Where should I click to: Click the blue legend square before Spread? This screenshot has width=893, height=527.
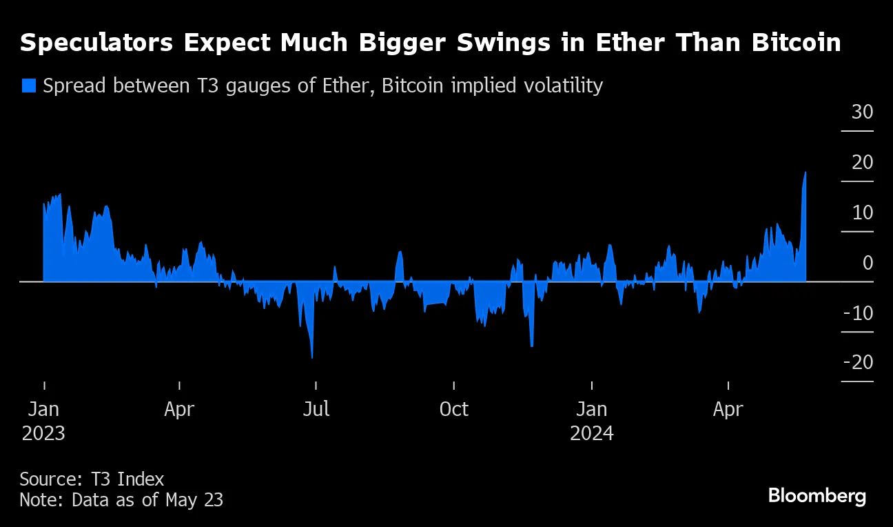tap(28, 86)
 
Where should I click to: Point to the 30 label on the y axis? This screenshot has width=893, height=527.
tap(862, 112)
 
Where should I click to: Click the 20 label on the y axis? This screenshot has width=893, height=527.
tap(862, 162)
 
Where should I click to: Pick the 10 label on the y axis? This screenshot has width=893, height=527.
tap(862, 212)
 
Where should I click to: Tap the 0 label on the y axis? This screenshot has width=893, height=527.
tap(868, 263)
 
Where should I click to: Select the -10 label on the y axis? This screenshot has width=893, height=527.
tap(858, 313)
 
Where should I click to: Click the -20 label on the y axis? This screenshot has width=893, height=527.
tap(858, 363)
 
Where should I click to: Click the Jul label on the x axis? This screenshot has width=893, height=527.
tap(316, 409)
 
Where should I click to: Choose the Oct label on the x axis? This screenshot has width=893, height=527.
tap(453, 409)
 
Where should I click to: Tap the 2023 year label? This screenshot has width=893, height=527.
tap(43, 433)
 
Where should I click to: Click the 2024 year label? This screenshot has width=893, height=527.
tap(591, 433)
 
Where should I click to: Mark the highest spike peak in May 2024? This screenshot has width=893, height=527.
tap(805, 172)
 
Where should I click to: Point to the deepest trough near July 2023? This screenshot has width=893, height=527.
tap(312, 358)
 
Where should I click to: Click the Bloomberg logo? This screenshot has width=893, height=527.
tap(817, 495)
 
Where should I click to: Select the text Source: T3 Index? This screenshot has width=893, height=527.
tap(92, 479)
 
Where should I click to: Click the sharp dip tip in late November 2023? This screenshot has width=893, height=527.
tap(532, 346)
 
